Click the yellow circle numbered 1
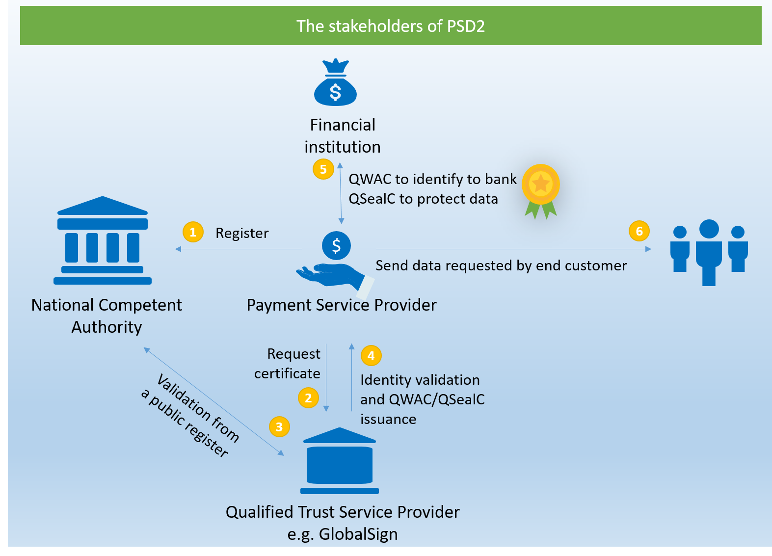click(193, 232)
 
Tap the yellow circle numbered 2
click(308, 397)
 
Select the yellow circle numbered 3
click(279, 426)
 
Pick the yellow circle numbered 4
click(371, 355)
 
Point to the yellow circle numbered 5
click(323, 169)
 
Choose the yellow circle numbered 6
click(639, 231)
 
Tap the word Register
click(242, 233)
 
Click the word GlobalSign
click(358, 534)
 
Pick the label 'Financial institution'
click(343, 136)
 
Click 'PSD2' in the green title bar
click(466, 26)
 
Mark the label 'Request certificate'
click(288, 364)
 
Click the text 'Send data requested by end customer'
click(501, 265)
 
